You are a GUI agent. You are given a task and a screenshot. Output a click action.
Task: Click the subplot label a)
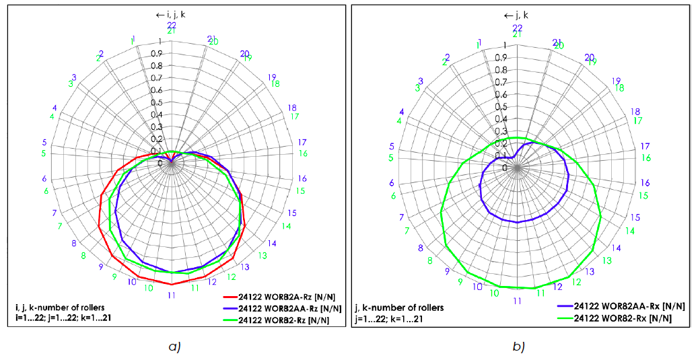[x=174, y=347]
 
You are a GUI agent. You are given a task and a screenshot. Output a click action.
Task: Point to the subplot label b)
[x=517, y=347]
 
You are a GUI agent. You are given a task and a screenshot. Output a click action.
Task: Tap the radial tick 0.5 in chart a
[x=156, y=102]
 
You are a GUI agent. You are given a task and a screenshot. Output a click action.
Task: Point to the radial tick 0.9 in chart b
[x=501, y=57]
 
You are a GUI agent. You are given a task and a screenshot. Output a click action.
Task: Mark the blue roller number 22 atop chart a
[x=172, y=25]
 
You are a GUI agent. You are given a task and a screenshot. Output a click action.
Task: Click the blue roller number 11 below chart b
[x=517, y=301]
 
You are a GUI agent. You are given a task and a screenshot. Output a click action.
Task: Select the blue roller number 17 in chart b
[x=644, y=146]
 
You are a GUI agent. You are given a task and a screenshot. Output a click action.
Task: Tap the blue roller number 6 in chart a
[x=45, y=179]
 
